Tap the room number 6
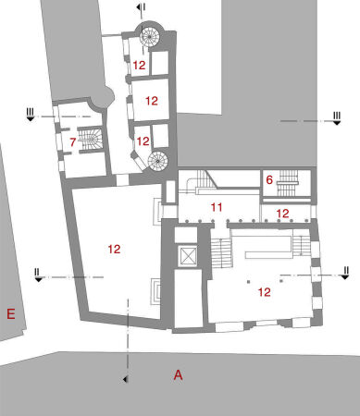[268, 182]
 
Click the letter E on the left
[11, 314]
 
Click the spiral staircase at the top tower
[149, 36]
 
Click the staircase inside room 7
[91, 140]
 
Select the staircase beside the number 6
[288, 180]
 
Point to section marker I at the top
[140, 8]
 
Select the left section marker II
[37, 275]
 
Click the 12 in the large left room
[114, 250]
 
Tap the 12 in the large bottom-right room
[264, 292]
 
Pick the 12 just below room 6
[283, 214]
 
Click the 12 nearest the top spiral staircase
[139, 66]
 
